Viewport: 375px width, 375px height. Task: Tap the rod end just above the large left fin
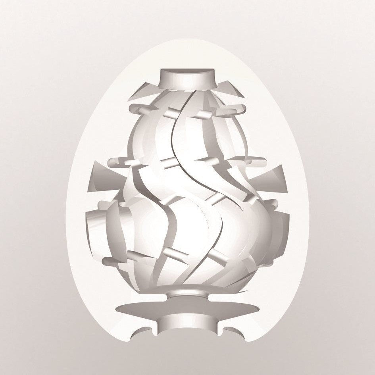pos(113,162)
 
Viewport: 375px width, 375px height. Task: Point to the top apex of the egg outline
pos(187,40)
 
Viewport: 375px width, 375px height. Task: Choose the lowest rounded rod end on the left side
pos(107,261)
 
